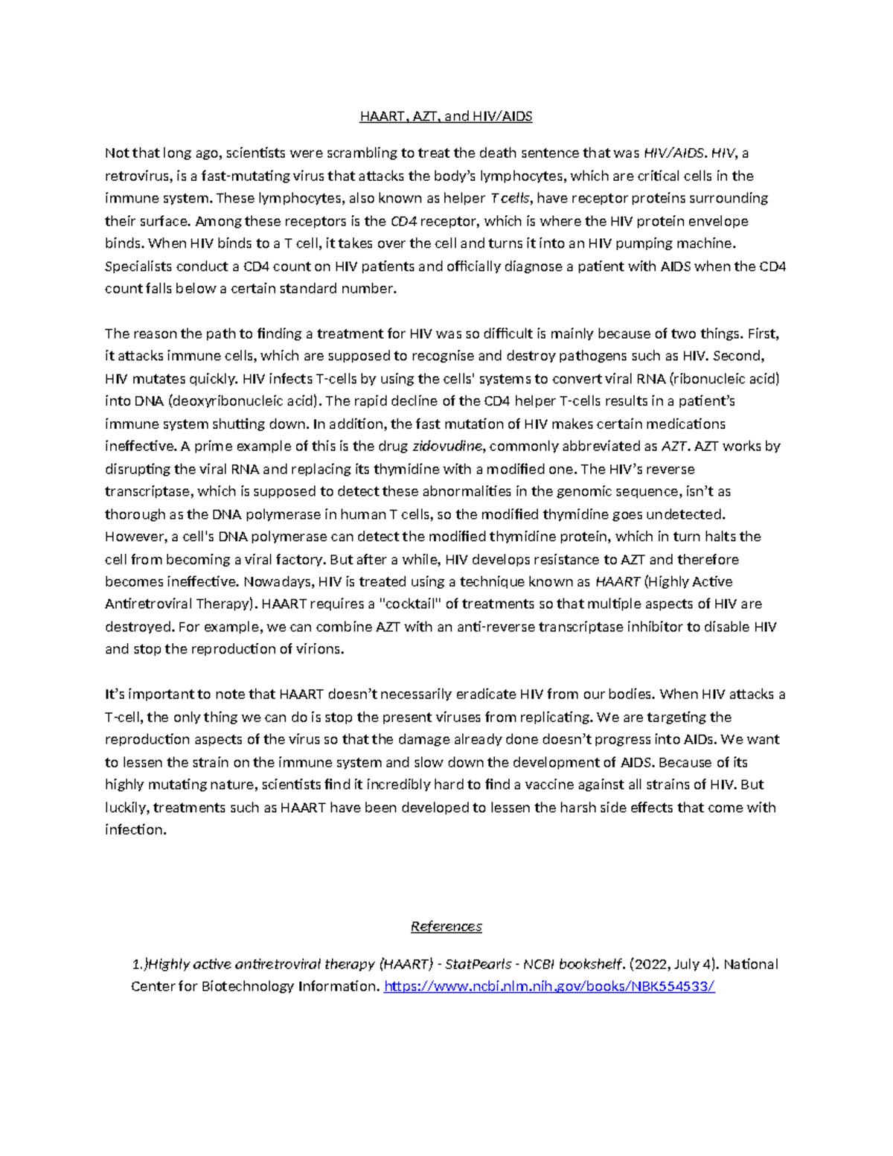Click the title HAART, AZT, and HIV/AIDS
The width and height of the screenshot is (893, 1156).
(x=446, y=116)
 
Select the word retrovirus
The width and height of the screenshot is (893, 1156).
(x=138, y=176)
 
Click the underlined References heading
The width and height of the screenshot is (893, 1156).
(x=446, y=927)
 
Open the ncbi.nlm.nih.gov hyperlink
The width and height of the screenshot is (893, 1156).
(x=549, y=986)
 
